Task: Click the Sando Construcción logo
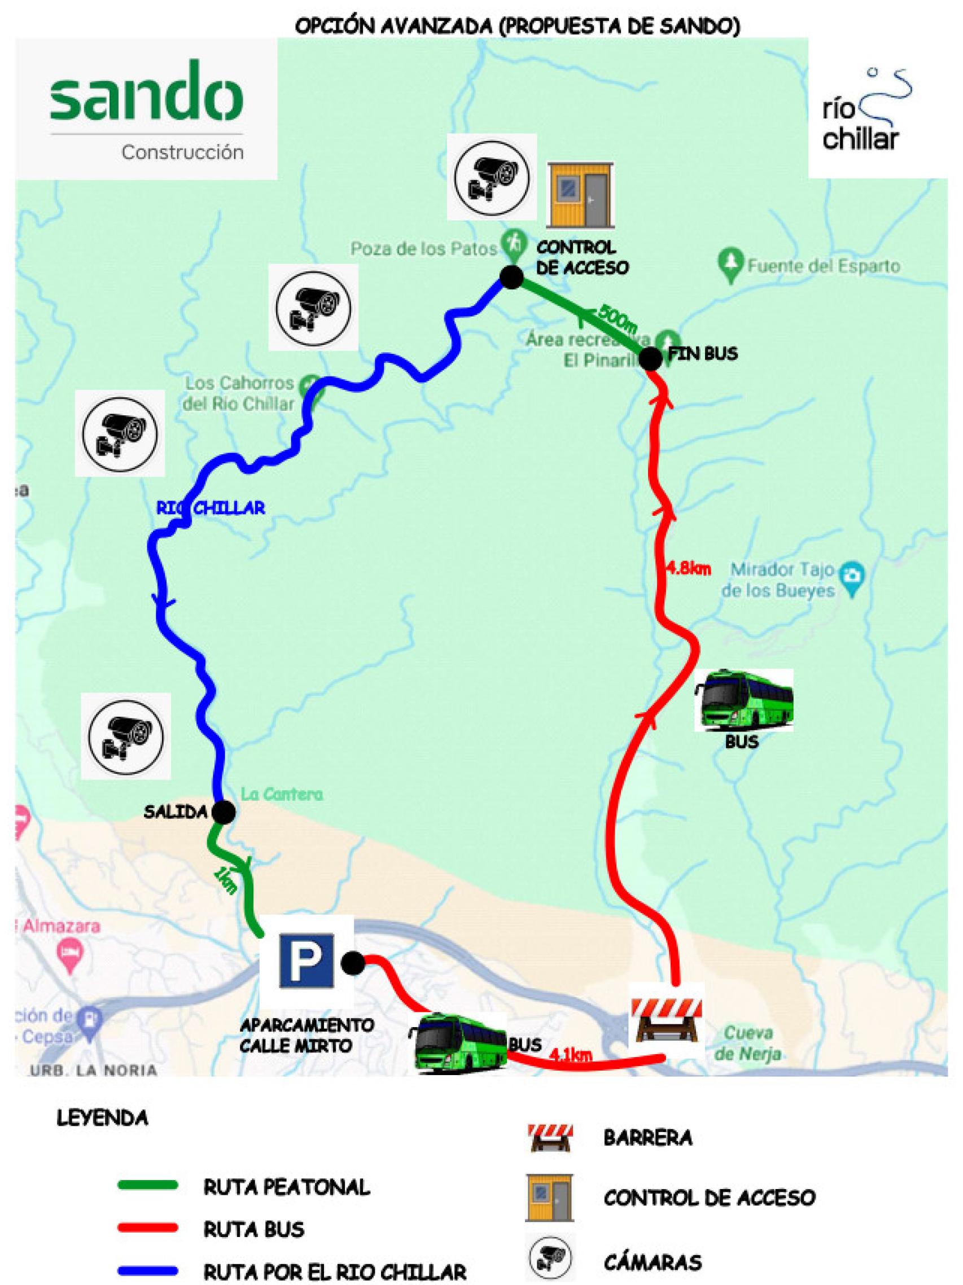(x=146, y=109)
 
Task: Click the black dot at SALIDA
(x=224, y=812)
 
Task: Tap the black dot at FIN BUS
(x=650, y=358)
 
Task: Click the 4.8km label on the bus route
(x=688, y=568)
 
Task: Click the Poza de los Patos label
(x=424, y=249)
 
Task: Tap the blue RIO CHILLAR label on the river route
(x=211, y=508)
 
